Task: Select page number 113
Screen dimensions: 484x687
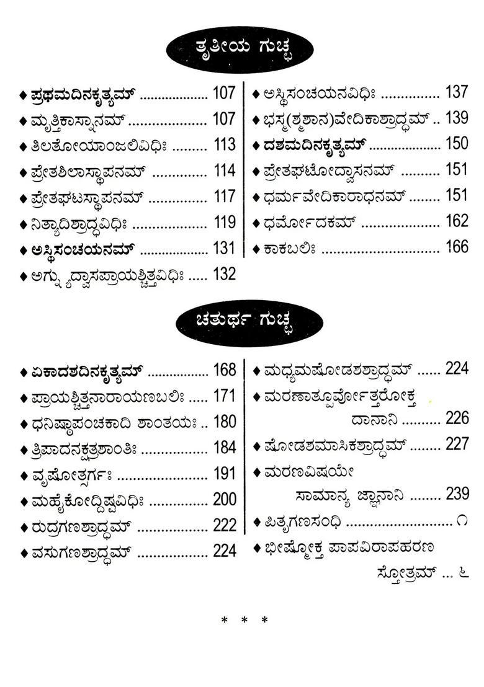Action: tap(224, 145)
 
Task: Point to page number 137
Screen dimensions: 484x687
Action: tap(456, 93)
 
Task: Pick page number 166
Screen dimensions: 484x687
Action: tap(456, 247)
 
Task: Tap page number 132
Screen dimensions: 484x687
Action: tap(224, 273)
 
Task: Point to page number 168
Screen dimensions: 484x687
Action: tap(224, 370)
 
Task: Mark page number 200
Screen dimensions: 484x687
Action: tap(224, 499)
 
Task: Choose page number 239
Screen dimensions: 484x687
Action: tap(456, 494)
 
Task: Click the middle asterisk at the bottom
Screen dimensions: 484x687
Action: tap(244, 620)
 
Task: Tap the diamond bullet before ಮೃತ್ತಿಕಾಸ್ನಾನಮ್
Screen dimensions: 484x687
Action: tap(23, 120)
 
